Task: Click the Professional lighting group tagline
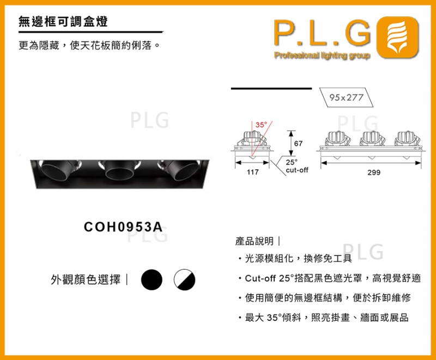(322, 56)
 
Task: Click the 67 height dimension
(298, 143)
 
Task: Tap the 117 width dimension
(252, 172)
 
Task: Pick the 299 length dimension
(373, 172)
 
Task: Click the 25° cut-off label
(296, 166)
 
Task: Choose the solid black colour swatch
(152, 280)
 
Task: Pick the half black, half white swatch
(184, 280)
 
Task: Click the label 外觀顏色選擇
(86, 280)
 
